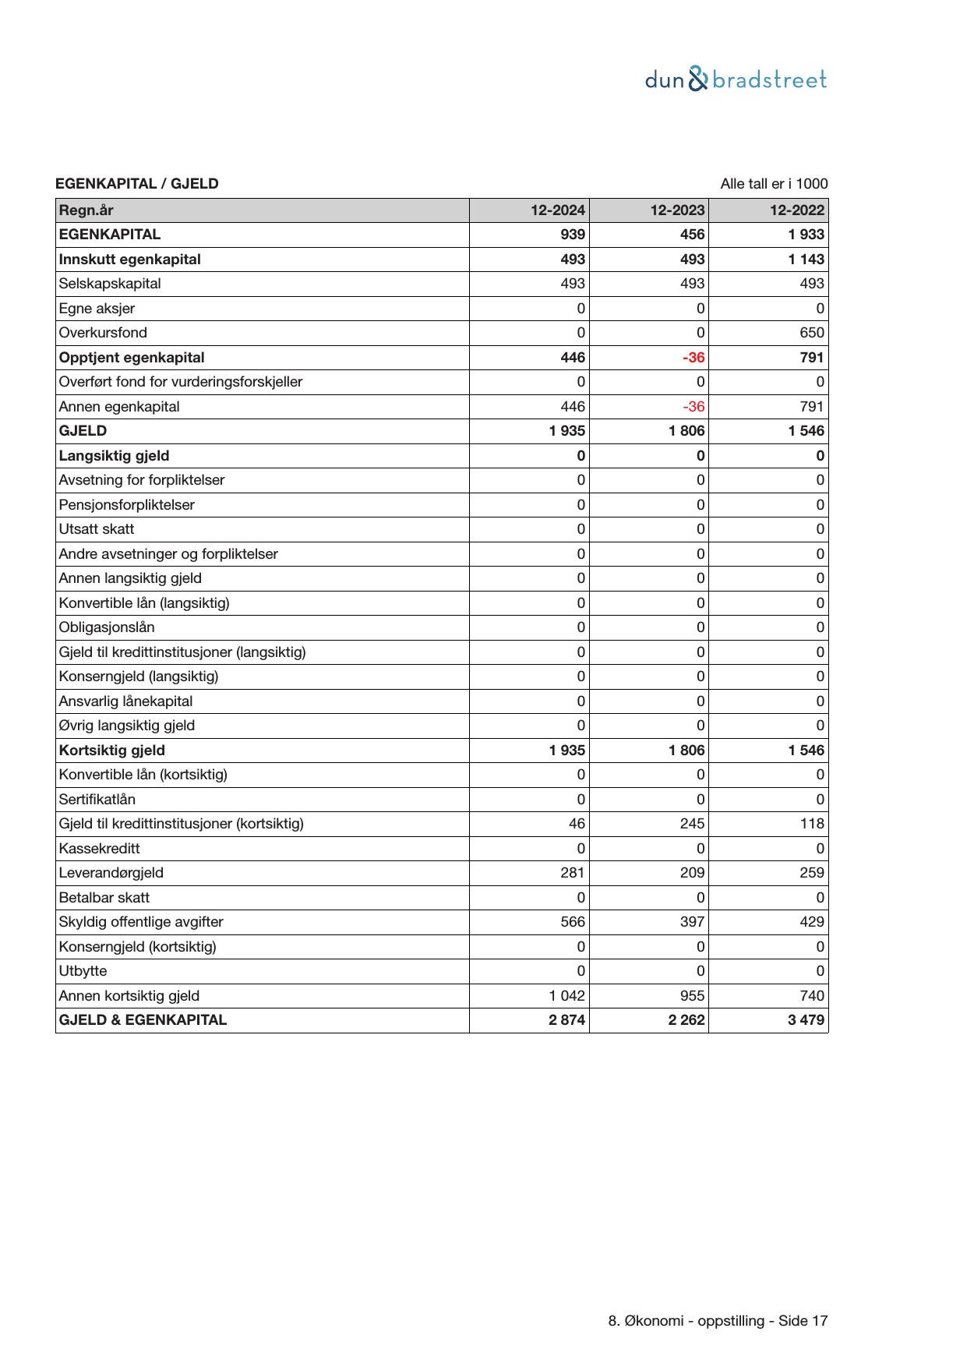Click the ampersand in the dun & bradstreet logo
click(698, 79)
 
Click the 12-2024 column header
click(558, 210)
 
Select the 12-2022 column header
click(796, 210)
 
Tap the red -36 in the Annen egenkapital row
click(693, 407)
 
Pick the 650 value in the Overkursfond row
click(811, 333)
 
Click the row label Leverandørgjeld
click(111, 873)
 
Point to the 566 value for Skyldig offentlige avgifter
click(573, 922)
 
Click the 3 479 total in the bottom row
click(806, 1020)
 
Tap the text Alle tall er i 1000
click(774, 184)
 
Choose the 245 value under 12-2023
click(692, 824)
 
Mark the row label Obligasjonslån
click(107, 627)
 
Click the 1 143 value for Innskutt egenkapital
click(806, 260)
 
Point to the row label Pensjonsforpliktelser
click(127, 505)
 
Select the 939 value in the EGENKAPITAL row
click(573, 235)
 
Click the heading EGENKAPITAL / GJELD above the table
click(137, 184)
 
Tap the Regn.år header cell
click(86, 210)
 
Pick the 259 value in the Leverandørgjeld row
click(811, 873)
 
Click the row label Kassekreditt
click(100, 849)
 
